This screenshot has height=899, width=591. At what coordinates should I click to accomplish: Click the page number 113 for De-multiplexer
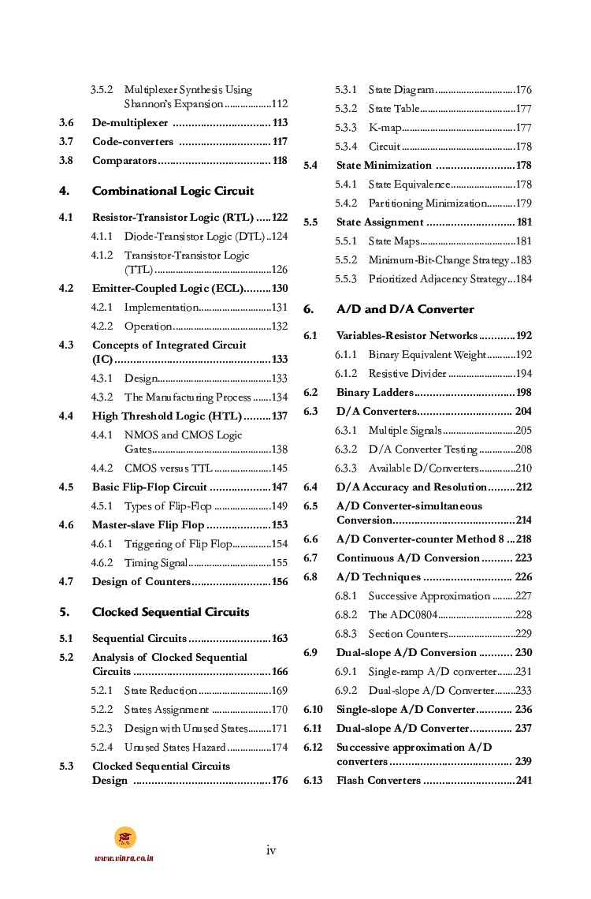click(x=279, y=123)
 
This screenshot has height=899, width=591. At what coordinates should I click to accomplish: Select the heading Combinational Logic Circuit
click(x=173, y=191)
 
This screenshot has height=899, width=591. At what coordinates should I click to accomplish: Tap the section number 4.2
click(x=66, y=289)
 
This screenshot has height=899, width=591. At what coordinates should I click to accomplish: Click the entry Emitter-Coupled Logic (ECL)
click(x=167, y=289)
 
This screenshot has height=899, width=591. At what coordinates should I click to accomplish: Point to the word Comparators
click(x=125, y=161)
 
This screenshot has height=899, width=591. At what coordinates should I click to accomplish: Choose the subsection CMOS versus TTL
click(x=168, y=468)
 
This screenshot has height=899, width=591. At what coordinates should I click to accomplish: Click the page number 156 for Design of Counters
click(x=279, y=582)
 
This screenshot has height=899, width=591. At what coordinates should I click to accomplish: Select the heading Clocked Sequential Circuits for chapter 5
click(x=170, y=612)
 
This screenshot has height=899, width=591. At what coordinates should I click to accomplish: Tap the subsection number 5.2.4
click(x=101, y=748)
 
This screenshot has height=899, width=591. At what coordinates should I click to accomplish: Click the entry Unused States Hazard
click(x=175, y=748)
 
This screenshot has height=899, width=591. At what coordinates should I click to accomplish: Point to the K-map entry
click(x=385, y=128)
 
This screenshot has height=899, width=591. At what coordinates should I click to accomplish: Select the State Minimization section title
click(x=384, y=166)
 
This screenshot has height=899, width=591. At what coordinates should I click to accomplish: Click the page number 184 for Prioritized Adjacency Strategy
click(x=523, y=279)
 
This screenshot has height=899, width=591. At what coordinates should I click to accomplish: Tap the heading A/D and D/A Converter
click(x=405, y=309)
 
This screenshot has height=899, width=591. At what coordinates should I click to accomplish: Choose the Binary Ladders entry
click(x=374, y=393)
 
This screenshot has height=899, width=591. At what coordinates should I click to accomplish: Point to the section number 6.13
click(x=313, y=781)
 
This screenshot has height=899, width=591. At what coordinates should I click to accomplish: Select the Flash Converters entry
click(x=378, y=781)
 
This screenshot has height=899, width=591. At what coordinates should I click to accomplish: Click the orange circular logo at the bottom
click(x=125, y=837)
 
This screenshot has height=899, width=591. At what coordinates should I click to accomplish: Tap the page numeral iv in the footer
click(x=271, y=850)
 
